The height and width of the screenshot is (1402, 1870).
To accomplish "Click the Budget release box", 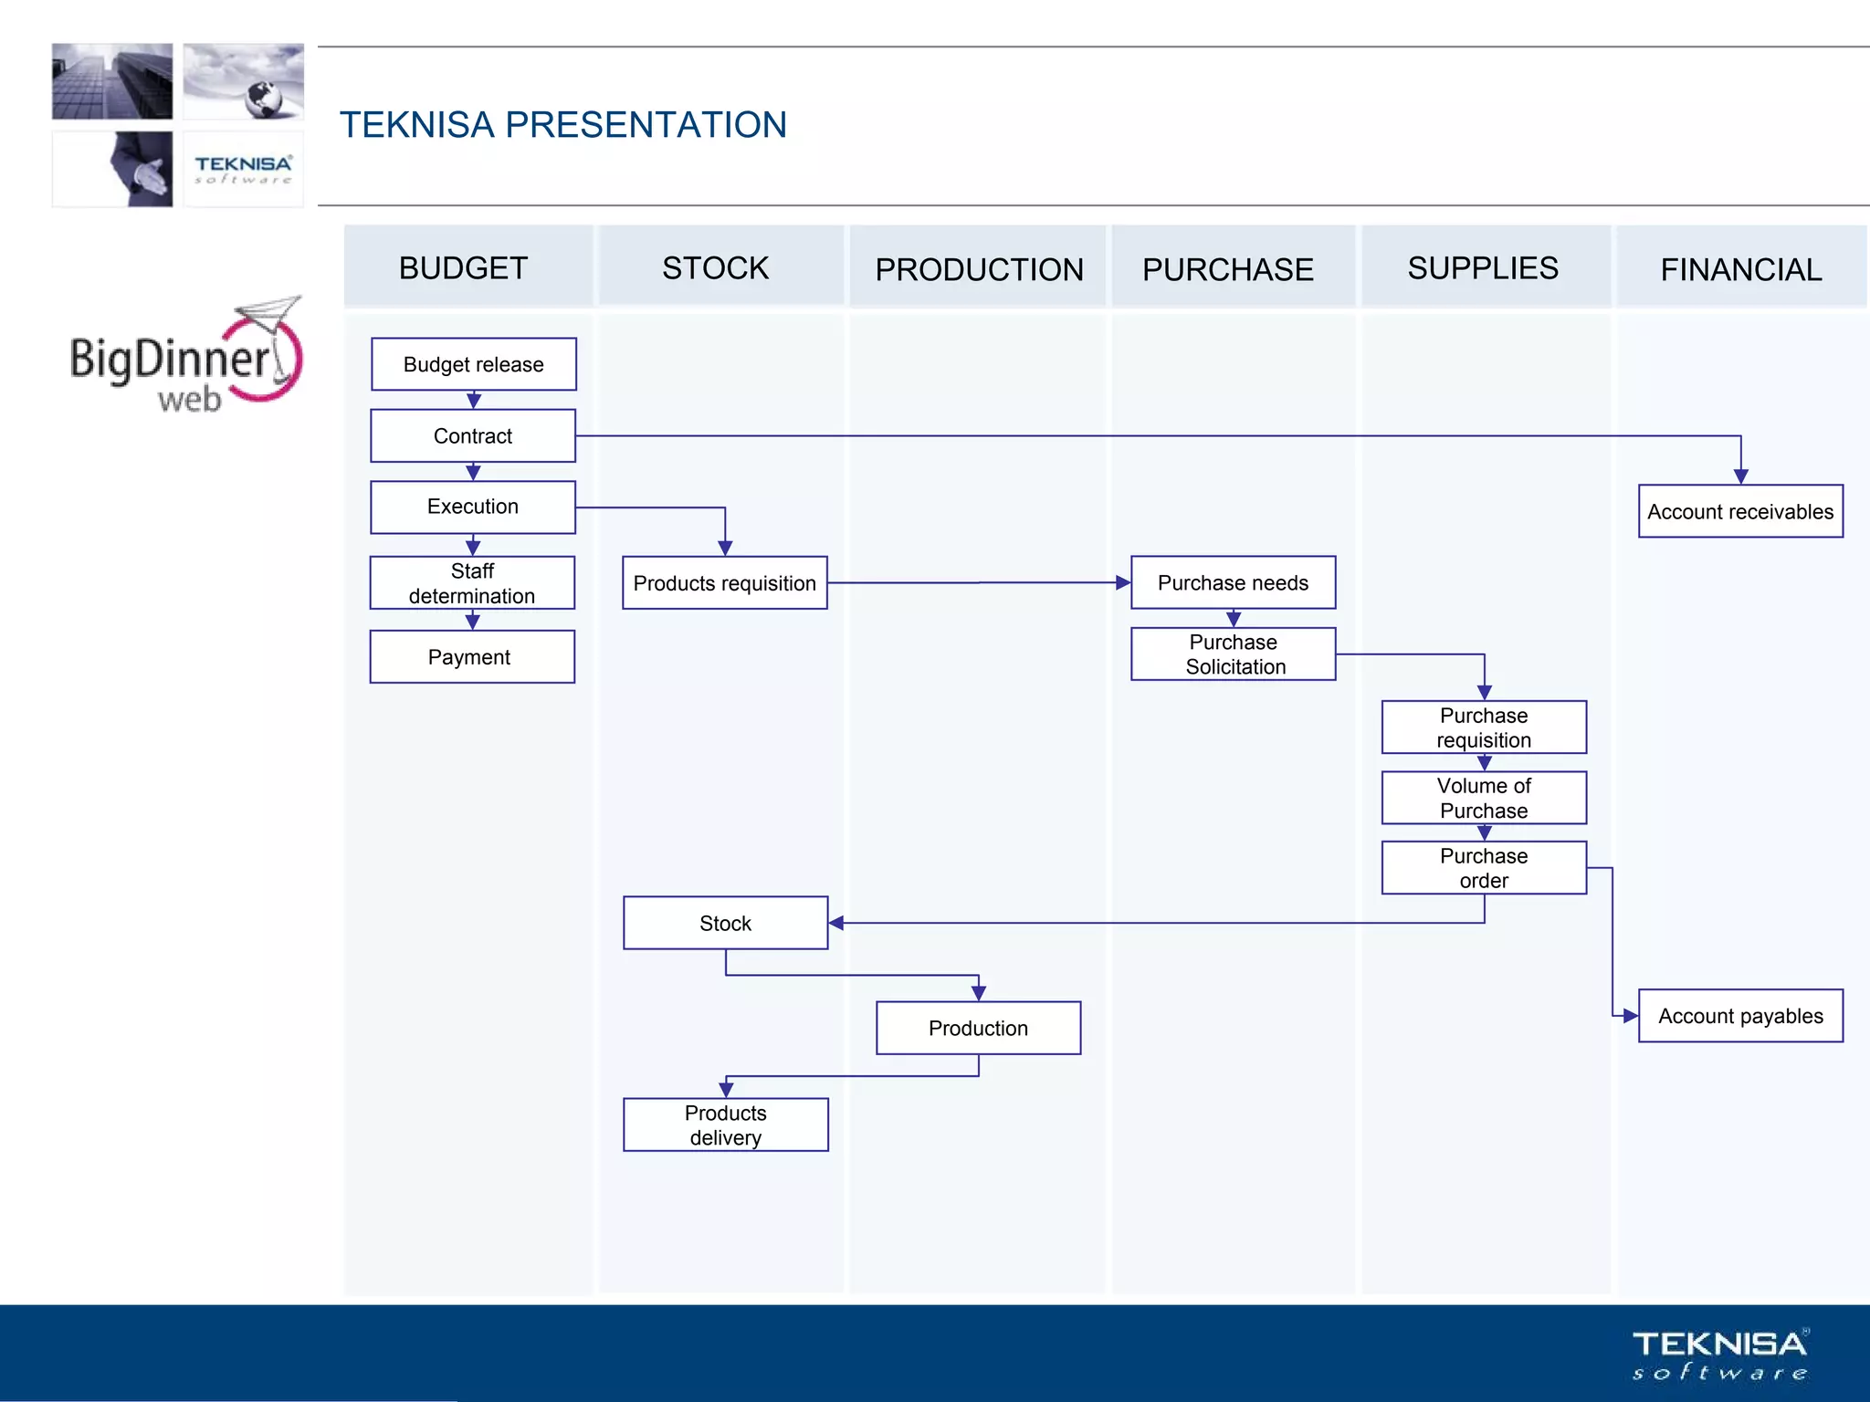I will tap(473, 364).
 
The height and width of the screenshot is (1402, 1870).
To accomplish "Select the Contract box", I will tap(473, 435).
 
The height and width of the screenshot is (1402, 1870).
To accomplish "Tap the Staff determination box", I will tap(472, 582).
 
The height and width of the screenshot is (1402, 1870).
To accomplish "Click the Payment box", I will tap(472, 656).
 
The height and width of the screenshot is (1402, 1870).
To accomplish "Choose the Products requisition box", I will tap(724, 582).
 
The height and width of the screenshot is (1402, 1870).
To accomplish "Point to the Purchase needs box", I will tap(1233, 582).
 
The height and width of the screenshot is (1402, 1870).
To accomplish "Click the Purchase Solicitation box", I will tap(1233, 654).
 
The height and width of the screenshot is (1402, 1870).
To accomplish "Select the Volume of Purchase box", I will tap(1484, 798).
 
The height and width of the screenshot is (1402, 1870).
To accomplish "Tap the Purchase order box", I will tap(1484, 867).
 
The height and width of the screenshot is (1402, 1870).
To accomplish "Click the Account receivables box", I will tap(1740, 511).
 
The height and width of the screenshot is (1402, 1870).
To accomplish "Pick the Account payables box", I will tap(1740, 1015).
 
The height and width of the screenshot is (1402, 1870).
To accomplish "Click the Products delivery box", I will tap(725, 1125).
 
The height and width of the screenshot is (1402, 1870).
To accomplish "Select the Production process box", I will tap(978, 1028).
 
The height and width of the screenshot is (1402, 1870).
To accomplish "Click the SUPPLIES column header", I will tap(1484, 267).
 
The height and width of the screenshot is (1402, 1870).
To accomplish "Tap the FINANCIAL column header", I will tap(1740, 268).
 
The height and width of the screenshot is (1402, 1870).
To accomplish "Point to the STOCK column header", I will tap(717, 267).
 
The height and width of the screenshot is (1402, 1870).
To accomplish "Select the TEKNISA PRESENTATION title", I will tap(562, 125).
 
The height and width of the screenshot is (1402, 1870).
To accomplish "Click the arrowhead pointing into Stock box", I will tap(836, 923).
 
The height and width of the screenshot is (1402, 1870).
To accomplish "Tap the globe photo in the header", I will tap(243, 81).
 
